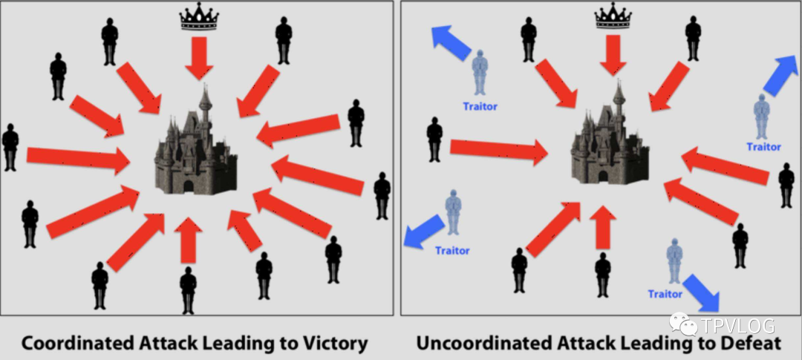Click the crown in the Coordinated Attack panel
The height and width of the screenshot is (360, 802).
(200, 19)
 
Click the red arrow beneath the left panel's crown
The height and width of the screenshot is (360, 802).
(199, 57)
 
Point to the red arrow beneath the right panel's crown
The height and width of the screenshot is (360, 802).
(613, 54)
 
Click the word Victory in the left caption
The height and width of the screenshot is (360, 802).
(330, 343)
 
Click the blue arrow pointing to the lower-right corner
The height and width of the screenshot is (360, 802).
(702, 292)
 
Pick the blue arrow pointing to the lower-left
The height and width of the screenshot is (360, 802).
(421, 232)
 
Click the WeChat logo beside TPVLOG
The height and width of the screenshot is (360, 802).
(684, 324)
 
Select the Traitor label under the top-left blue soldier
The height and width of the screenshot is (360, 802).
(480, 106)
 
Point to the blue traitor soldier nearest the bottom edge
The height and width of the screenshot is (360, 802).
(674, 261)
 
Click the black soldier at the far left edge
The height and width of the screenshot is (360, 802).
(10, 148)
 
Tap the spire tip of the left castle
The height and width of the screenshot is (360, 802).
(204, 88)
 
